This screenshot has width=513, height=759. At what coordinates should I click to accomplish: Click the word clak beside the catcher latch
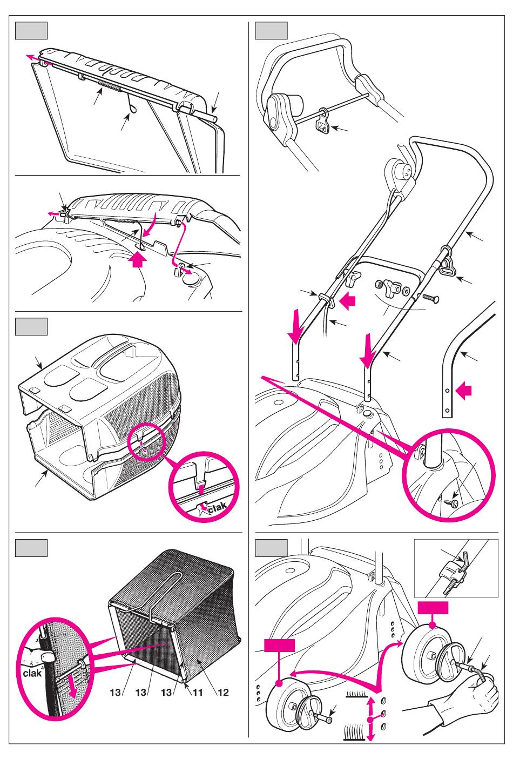point(218,508)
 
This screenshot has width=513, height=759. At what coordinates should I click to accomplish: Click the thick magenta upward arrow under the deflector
point(139,262)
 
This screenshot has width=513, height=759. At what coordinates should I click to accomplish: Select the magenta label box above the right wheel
point(433,609)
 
